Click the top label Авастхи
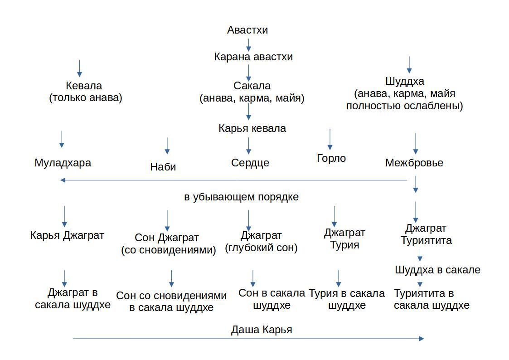[x=247, y=30]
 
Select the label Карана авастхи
[x=253, y=57]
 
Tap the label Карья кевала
[x=252, y=128]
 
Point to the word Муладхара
[x=63, y=163]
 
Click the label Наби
[x=163, y=167]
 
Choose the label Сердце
[x=250, y=163]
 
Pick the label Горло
[x=331, y=158]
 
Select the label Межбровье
[x=414, y=163]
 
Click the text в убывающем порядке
[x=241, y=197]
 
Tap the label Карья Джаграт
[x=67, y=235]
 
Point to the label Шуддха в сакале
[x=437, y=270]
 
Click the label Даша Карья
[x=262, y=330]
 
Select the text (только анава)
[x=86, y=98]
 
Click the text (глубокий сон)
[x=262, y=248]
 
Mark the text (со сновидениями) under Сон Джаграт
[x=169, y=250]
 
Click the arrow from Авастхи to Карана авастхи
[x=248, y=45]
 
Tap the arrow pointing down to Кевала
[x=79, y=68]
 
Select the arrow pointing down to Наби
[x=167, y=146]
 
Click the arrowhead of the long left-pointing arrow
[x=63, y=180]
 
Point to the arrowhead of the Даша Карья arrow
[x=422, y=339]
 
